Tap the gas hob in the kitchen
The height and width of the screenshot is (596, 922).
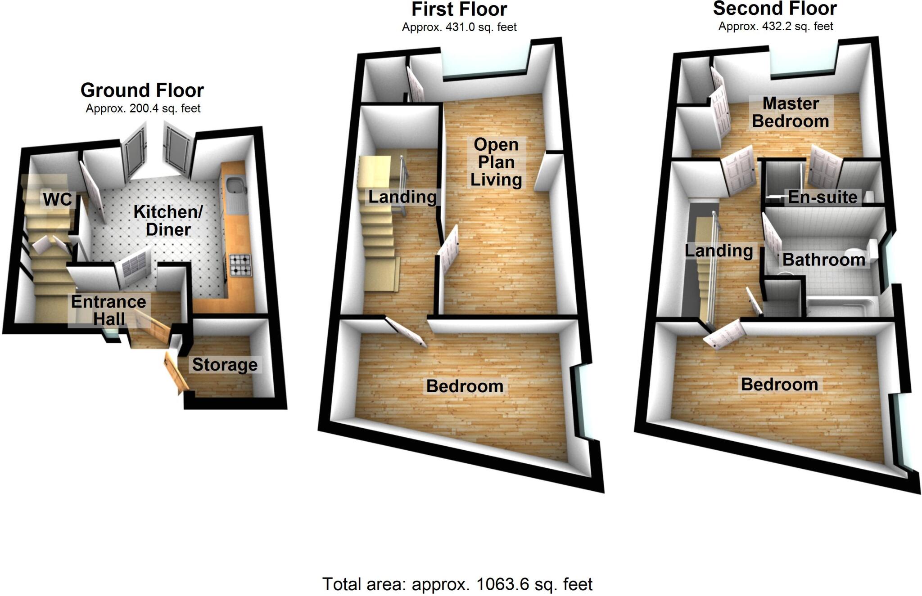[x=241, y=265]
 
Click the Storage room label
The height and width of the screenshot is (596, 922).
[x=225, y=365]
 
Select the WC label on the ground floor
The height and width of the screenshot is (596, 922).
[x=58, y=199]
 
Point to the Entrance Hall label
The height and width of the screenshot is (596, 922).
[x=109, y=310]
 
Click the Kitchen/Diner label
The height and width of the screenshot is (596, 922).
[x=168, y=220]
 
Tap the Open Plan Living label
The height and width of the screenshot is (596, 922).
[x=496, y=162]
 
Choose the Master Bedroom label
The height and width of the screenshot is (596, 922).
[x=791, y=112]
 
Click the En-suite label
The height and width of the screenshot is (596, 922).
[x=823, y=197]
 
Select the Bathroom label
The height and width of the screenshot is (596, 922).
[x=824, y=260]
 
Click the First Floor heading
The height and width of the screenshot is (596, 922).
[x=459, y=9]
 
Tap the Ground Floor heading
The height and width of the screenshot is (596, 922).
[x=142, y=90]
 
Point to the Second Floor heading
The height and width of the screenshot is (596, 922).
[x=775, y=9]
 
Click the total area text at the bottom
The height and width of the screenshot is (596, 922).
[x=457, y=584]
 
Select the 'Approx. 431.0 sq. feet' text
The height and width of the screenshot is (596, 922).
[x=459, y=27]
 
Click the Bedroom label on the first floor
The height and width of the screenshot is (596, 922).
[x=465, y=386]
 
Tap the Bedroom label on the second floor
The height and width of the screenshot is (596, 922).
[x=779, y=385]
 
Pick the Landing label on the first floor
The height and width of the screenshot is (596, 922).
[x=402, y=197]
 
